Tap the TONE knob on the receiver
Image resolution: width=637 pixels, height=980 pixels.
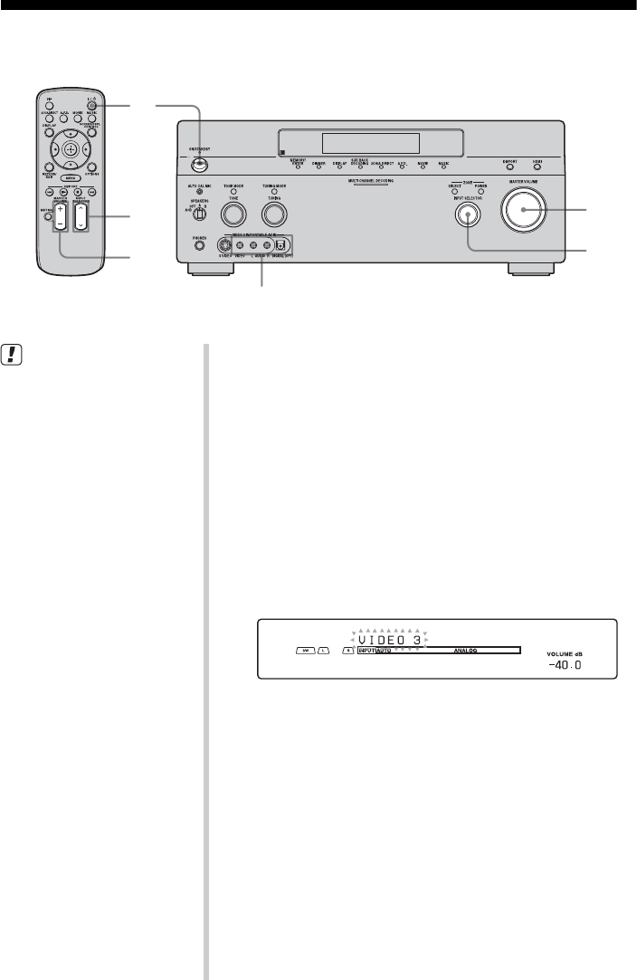pyautogui.click(x=234, y=214)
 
